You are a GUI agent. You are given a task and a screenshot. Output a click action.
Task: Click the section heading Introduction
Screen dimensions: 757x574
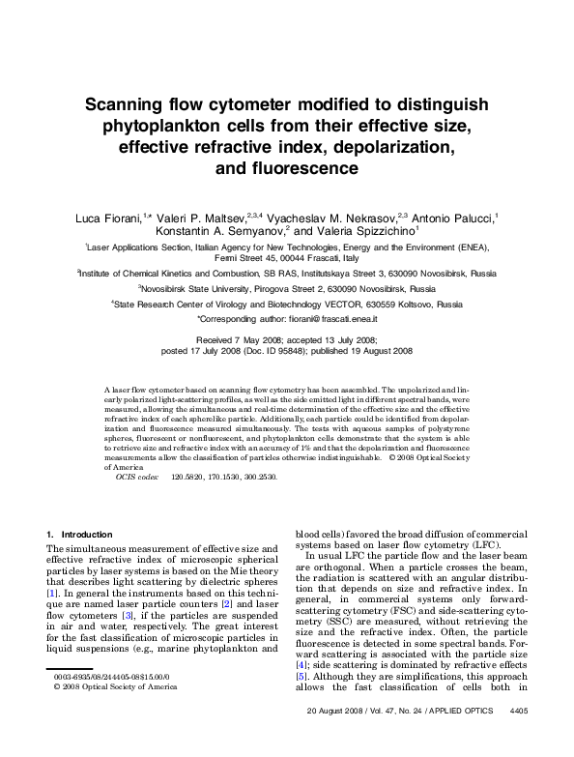click(x=87, y=535)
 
